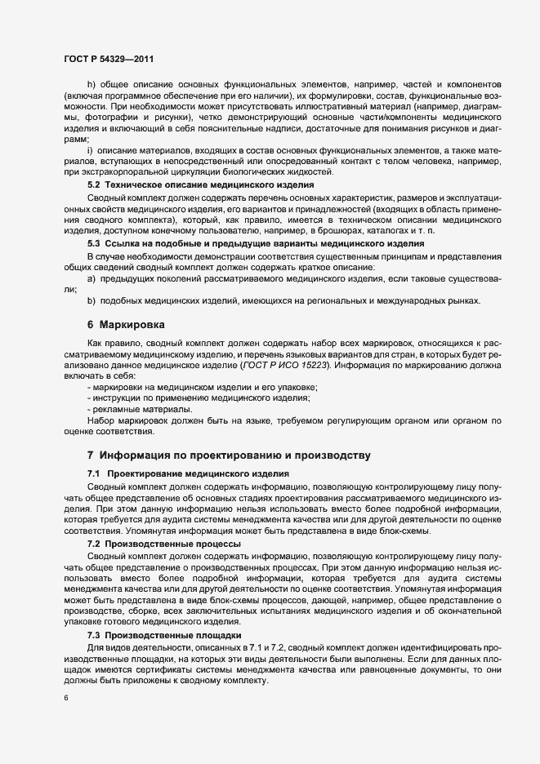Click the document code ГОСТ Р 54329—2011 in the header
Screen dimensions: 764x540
(x=109, y=60)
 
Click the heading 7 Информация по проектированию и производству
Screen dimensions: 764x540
(x=230, y=455)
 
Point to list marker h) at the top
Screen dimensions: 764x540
(x=91, y=86)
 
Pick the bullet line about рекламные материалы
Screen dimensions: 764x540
(x=140, y=408)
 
